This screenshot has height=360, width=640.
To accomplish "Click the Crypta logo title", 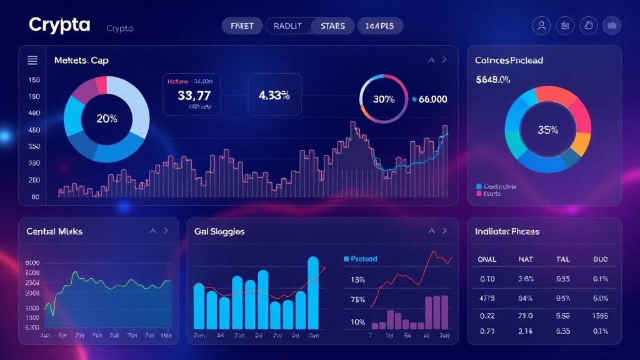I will coord(59,26).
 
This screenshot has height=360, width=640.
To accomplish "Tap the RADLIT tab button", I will coord(287,26).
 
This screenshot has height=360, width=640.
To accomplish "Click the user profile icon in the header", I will coord(541,26).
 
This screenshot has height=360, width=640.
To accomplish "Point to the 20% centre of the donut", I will coord(107,118).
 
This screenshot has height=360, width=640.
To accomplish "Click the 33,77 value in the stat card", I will coord(194,96).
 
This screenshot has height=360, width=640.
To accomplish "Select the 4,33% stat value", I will coord(274,96).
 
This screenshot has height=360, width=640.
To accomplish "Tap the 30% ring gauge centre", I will coord(384,99).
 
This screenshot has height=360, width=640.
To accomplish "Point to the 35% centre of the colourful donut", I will coord(547,130).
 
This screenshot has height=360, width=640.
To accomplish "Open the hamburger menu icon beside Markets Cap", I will coord(32,61).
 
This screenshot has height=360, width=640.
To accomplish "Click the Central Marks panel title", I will coord(54,231).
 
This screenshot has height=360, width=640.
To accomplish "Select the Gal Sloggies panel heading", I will coord(219,231).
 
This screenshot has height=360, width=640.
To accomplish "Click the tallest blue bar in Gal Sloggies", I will coord(313,292).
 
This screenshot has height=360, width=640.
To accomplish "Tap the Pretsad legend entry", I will coord(363,258).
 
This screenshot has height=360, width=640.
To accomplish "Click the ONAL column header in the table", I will coord(487,259).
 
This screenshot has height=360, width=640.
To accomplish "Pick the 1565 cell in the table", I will coord(600,316).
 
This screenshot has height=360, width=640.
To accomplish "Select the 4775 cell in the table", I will coord(486,297).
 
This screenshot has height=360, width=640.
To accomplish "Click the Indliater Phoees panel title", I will coord(507,231).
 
